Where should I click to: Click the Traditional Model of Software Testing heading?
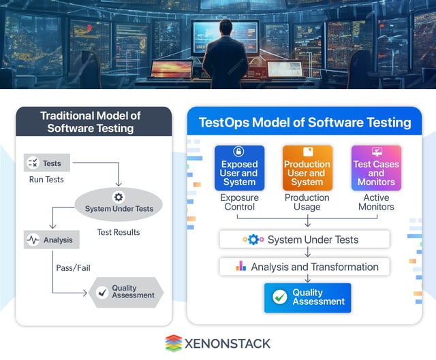[x=91, y=122]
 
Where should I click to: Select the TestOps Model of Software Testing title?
[x=305, y=122]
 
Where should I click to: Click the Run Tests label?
[x=46, y=180]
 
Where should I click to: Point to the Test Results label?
[x=119, y=232]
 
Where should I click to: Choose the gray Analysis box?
[x=52, y=240]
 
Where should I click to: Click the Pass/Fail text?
[x=73, y=268]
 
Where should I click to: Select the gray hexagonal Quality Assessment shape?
[x=126, y=292]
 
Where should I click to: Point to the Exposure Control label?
[x=239, y=202]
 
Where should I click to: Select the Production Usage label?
[x=307, y=202]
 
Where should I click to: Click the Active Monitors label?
[x=376, y=202]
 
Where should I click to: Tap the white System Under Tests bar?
[x=304, y=240]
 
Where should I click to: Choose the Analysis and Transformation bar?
[x=304, y=267]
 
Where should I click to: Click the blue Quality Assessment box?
[x=307, y=297]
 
